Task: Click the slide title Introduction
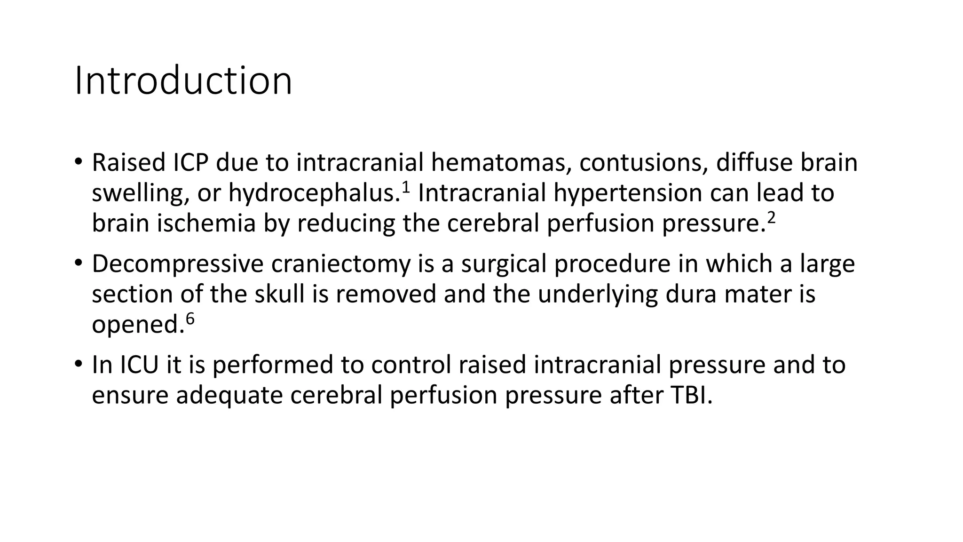coord(183,81)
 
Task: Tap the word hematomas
coord(501,163)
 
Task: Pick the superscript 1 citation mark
coord(406,187)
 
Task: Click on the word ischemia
coord(206,223)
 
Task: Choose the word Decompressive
coord(177,264)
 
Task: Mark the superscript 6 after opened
coord(190,319)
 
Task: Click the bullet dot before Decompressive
coord(78,262)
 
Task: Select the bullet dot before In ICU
coord(78,363)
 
